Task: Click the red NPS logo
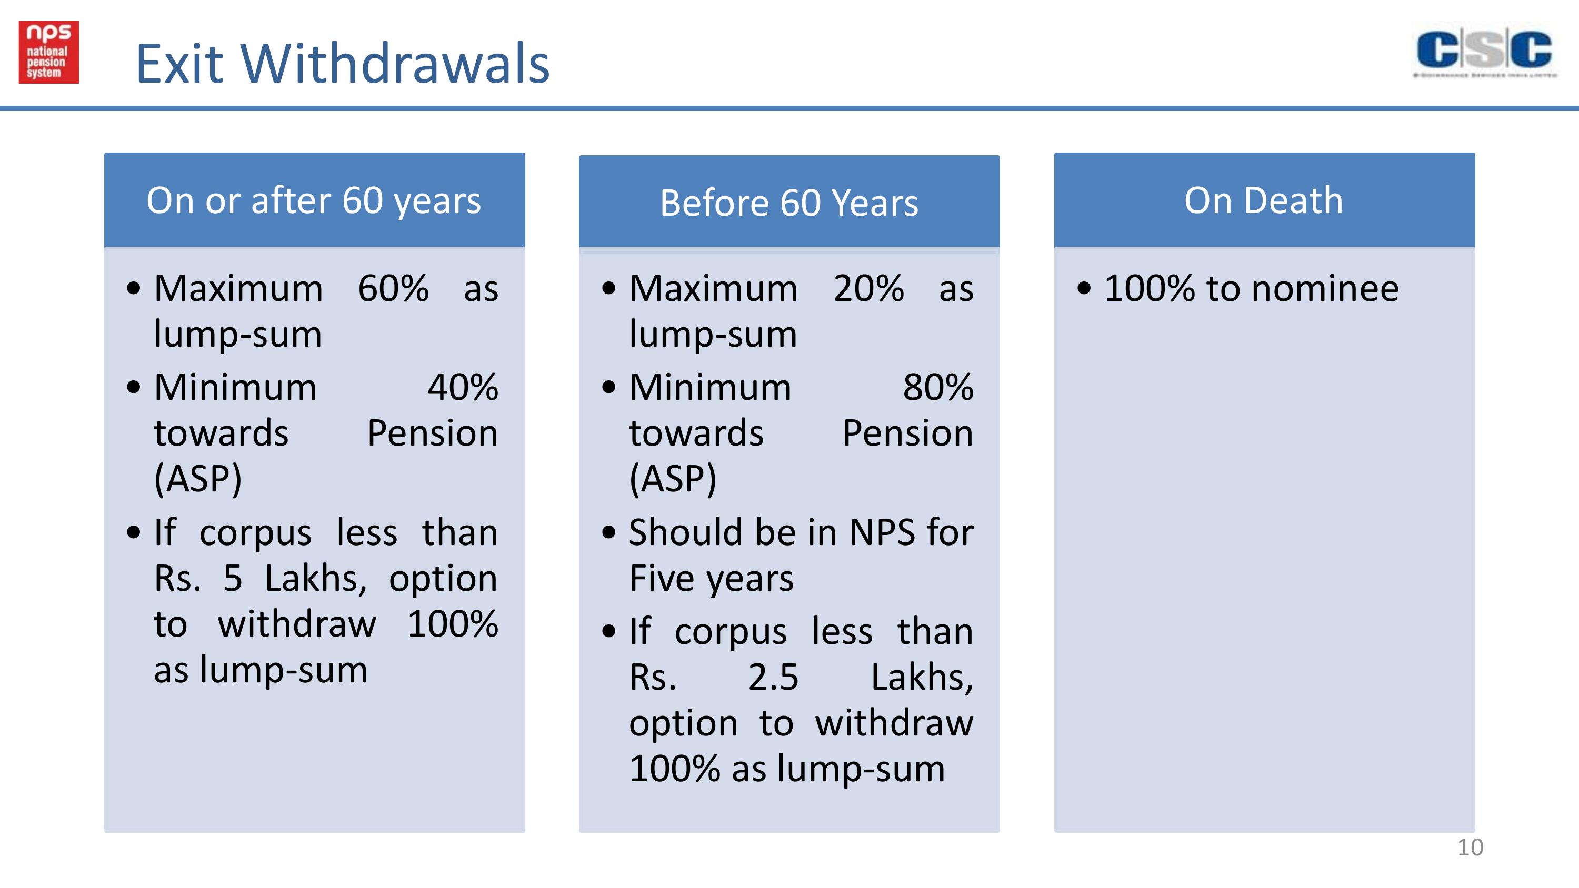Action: pyautogui.click(x=48, y=52)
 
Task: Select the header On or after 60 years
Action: pyautogui.click(x=314, y=201)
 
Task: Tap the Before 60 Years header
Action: pyautogui.click(x=789, y=203)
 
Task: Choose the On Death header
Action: pyautogui.click(x=1263, y=200)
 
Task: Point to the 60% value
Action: pyautogui.click(x=393, y=288)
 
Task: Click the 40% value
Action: pyautogui.click(x=463, y=387)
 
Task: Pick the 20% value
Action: pyautogui.click(x=868, y=288)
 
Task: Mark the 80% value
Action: pyautogui.click(x=938, y=387)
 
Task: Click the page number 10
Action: pyautogui.click(x=1470, y=847)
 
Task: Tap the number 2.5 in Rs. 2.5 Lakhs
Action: pyautogui.click(x=773, y=677)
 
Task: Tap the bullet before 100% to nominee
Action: pyautogui.click(x=1084, y=289)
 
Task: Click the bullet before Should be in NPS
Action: pyautogui.click(x=608, y=532)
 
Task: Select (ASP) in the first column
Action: pyautogui.click(x=197, y=479)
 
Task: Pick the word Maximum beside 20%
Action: pyautogui.click(x=714, y=288)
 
